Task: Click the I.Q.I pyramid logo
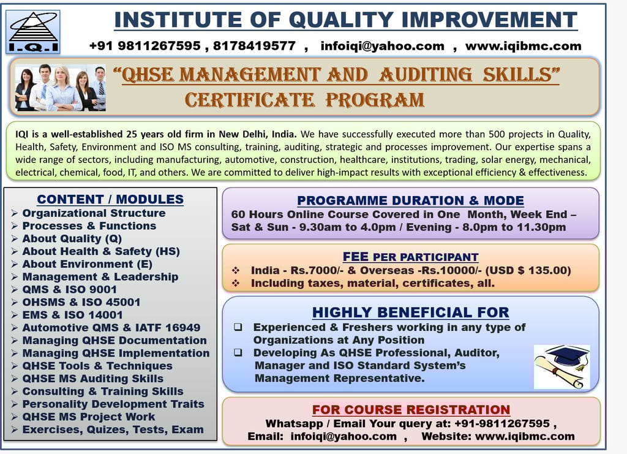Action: [33, 32]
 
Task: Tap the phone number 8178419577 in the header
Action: [254, 46]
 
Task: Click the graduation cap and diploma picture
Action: [562, 367]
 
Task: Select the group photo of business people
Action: [61, 88]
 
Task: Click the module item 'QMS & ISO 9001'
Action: [70, 289]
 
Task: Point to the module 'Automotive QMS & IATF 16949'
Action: [111, 328]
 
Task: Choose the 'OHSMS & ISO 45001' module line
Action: [81, 302]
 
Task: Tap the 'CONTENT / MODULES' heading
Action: [110, 199]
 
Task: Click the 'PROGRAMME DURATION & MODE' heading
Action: [410, 200]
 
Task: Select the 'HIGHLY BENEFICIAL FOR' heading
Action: [411, 312]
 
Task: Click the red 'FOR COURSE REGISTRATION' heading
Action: [411, 410]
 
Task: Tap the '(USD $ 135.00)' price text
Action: [528, 270]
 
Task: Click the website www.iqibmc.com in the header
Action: [523, 46]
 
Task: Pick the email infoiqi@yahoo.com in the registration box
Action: [344, 436]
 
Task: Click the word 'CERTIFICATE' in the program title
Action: [250, 100]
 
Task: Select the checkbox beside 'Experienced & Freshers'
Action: [238, 327]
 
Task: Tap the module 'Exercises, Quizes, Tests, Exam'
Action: [113, 429]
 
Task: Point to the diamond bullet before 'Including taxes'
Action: [236, 283]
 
